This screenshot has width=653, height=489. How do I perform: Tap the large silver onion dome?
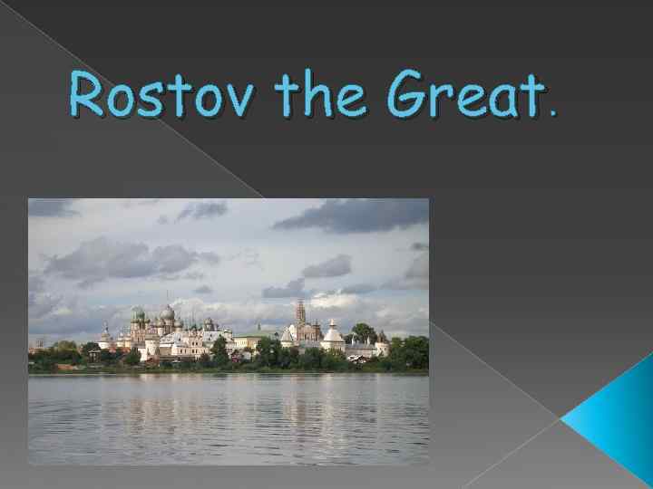(x=167, y=313)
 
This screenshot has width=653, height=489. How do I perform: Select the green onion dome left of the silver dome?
(x=138, y=315)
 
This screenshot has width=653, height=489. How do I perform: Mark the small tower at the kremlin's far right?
(x=382, y=345)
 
